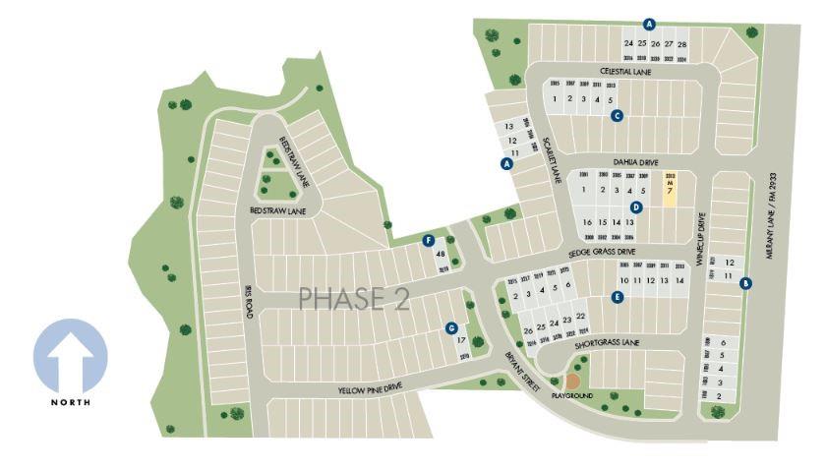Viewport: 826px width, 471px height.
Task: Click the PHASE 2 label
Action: tap(354, 298)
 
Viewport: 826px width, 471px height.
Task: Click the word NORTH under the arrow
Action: tap(71, 402)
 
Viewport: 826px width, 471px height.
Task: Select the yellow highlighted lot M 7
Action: tap(670, 186)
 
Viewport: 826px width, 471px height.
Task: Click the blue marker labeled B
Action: tap(745, 283)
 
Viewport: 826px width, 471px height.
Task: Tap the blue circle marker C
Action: tap(618, 116)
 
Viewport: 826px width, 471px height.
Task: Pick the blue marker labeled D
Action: tap(636, 207)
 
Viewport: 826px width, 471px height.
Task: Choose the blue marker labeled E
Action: tap(618, 297)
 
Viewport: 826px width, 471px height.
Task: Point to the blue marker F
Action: tap(429, 240)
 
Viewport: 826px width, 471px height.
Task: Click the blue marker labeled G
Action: tap(451, 328)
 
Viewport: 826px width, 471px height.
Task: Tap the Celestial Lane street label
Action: tap(626, 71)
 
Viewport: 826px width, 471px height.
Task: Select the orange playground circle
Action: tap(572, 380)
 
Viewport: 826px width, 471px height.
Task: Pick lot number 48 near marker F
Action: tap(441, 254)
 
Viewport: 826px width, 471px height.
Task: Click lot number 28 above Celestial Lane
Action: tap(682, 44)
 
